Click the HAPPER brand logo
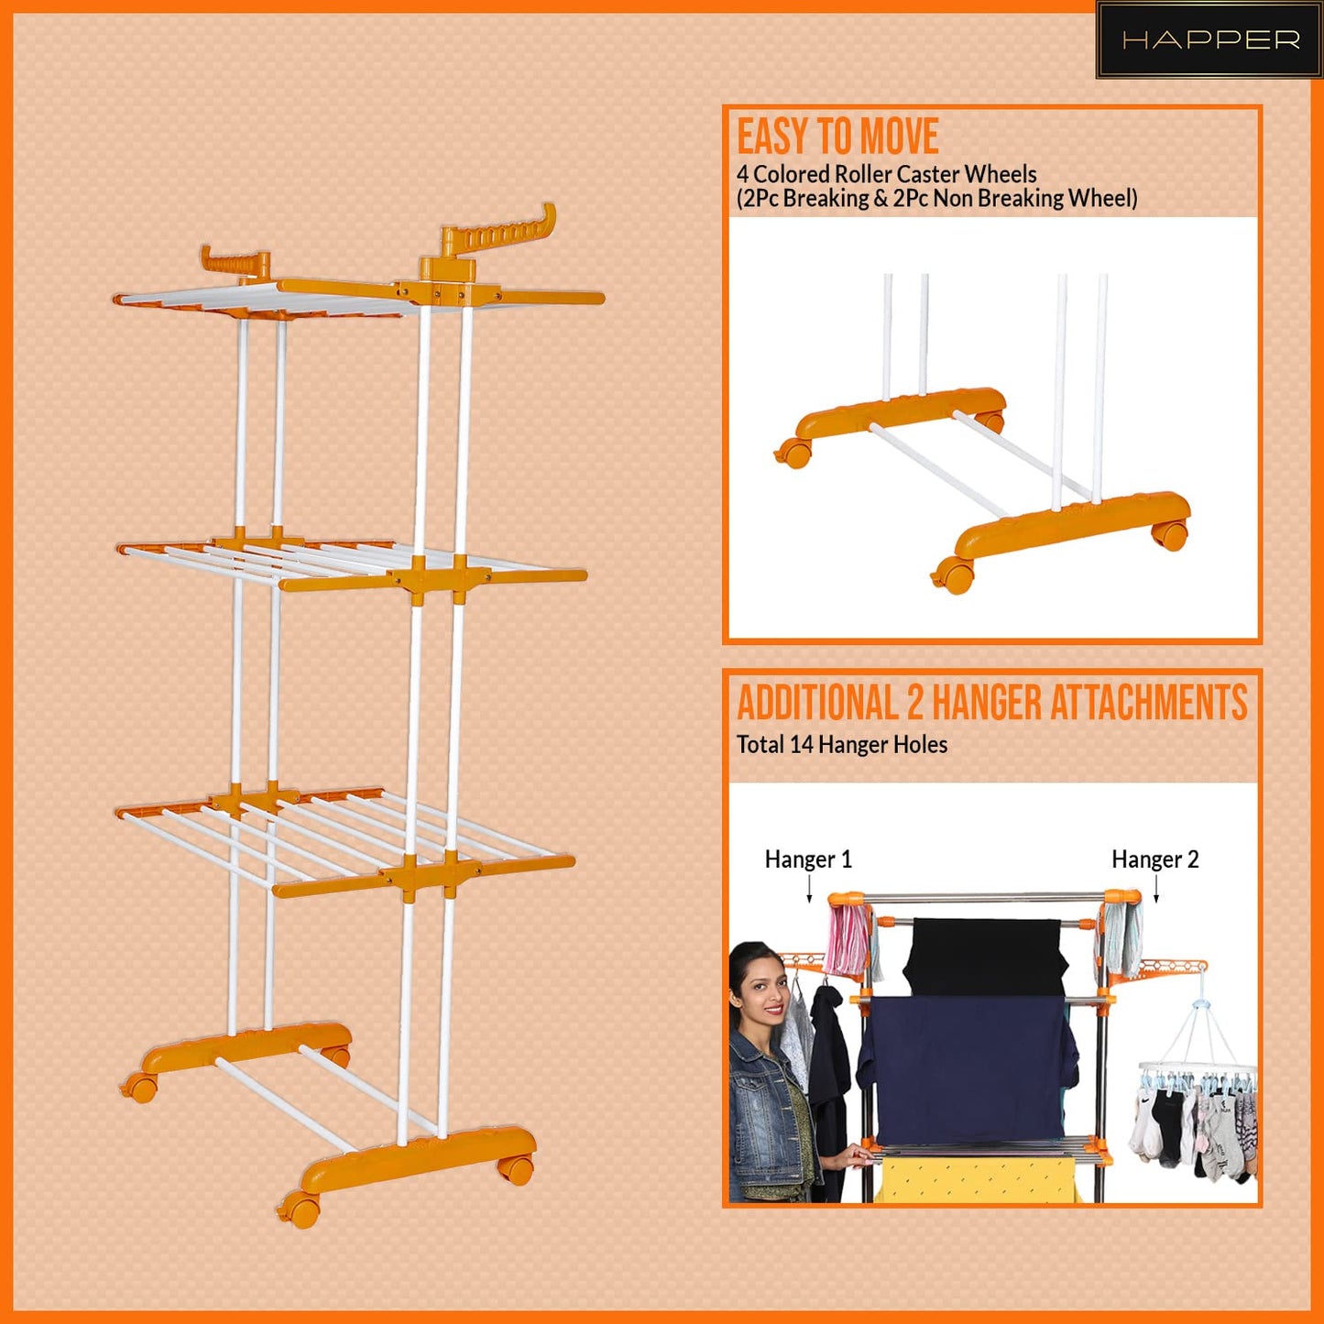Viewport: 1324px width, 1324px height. click(x=1209, y=40)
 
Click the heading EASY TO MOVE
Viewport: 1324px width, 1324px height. click(x=837, y=137)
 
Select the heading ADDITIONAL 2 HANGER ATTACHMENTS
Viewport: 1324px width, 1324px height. click(x=991, y=703)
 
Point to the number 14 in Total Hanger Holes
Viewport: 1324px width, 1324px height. click(x=801, y=745)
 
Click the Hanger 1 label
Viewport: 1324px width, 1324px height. click(x=808, y=859)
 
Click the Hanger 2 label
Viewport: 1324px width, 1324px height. click(x=1154, y=859)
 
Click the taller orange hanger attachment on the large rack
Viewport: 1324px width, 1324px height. click(x=499, y=235)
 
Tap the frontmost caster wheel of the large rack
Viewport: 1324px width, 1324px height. click(x=301, y=1209)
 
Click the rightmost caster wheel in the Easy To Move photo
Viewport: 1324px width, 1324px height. click(x=1170, y=534)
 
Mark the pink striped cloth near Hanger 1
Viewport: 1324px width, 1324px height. click(x=848, y=938)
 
